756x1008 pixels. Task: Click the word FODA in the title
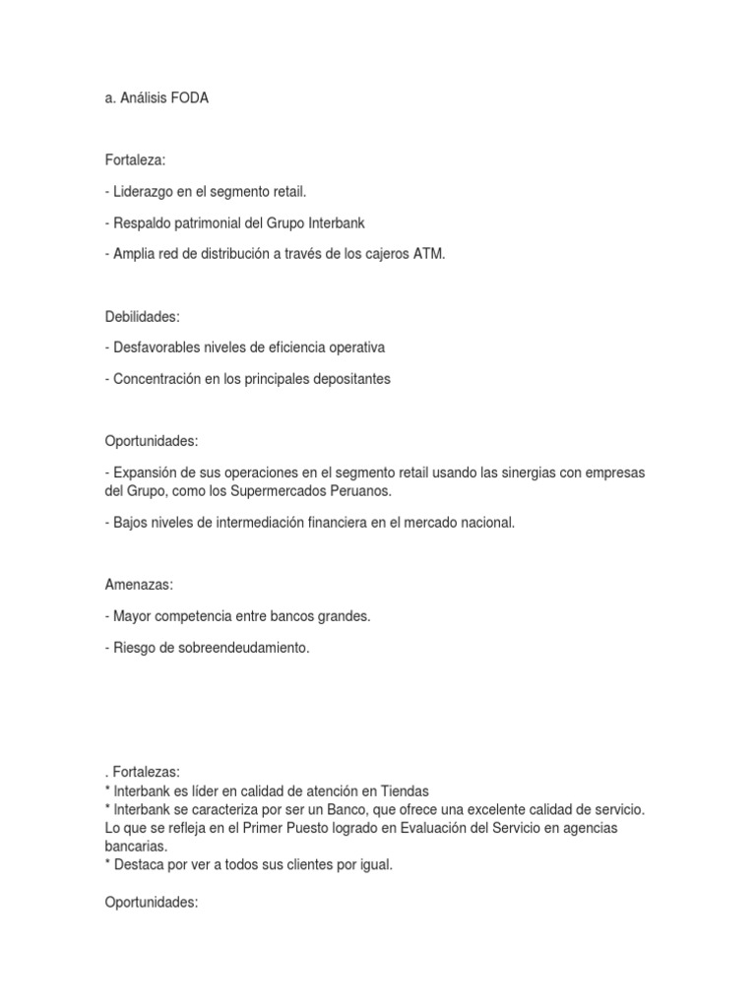coord(188,99)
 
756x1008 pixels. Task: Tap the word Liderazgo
coord(145,191)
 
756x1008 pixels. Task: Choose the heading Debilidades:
coord(142,316)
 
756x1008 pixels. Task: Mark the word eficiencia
coord(301,347)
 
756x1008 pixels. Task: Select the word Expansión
coord(147,472)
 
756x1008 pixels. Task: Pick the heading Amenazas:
coord(139,585)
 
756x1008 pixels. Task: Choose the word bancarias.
coord(135,846)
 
